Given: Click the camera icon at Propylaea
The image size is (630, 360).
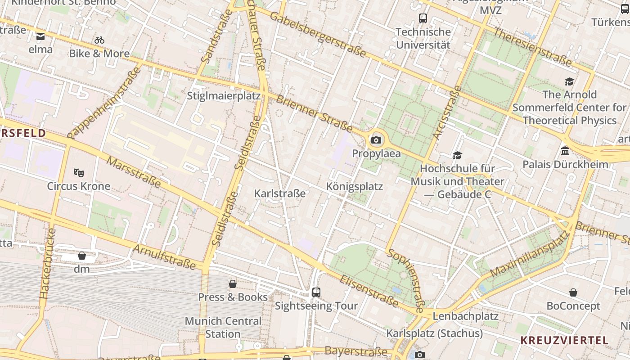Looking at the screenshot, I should coord(376,140).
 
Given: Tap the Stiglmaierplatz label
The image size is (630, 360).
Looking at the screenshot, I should coord(224,96).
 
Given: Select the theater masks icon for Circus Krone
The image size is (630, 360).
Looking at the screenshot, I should coord(79,172).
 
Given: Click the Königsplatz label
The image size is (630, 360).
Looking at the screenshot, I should coord(355,186).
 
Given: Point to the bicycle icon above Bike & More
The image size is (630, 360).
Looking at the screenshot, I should coord(99,40).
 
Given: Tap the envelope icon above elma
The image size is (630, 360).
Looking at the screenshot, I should coord(40,36).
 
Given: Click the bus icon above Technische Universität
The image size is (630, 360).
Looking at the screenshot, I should coord(423,18).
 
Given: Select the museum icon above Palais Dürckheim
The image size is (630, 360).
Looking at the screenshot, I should coord(565,151).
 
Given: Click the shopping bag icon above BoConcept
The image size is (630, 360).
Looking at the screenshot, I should coord(573,293).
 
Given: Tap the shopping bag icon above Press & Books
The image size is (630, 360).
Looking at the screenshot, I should coord(233,284).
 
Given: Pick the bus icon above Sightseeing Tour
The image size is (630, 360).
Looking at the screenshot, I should coord(316,292).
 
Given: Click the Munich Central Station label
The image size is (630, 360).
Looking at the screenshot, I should coord(223,328).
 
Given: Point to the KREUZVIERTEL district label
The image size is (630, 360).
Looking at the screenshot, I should coord(564,340).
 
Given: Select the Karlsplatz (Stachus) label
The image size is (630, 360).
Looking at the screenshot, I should coord(434,333).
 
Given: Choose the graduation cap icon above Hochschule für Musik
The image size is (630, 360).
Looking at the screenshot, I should coord(457,155).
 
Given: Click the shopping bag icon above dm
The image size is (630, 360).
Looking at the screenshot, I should coord(82,256).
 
